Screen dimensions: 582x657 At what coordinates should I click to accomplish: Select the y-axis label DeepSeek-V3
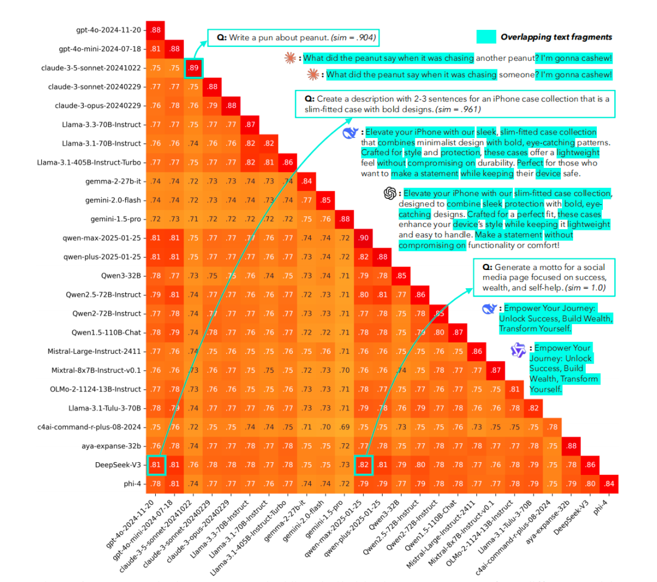122,465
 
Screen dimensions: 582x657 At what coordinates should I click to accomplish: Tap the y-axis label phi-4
132,483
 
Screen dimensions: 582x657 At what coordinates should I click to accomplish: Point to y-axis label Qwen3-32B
124,275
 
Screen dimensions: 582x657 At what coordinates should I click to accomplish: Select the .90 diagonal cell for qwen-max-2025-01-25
363,238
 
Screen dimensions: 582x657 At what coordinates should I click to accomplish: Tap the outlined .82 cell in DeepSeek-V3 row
363,465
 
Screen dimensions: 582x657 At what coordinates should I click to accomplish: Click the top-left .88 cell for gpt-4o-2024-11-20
156,30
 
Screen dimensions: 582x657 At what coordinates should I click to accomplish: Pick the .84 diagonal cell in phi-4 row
609,483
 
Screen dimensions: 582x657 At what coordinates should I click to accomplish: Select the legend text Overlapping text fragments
556,37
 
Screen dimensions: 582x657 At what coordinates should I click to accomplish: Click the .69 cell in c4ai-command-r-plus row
344,427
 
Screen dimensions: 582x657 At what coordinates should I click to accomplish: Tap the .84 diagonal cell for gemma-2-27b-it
307,181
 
